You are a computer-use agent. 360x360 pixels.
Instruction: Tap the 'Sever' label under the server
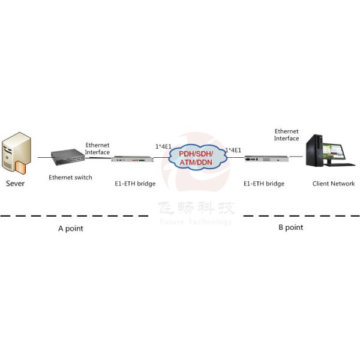(16, 184)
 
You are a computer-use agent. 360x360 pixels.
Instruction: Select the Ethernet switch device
(67, 158)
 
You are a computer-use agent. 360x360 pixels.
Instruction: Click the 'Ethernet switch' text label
(71, 178)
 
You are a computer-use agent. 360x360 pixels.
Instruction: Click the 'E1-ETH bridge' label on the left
(135, 184)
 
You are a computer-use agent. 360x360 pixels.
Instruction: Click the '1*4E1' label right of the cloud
(233, 150)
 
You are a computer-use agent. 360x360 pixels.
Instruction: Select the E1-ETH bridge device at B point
(263, 160)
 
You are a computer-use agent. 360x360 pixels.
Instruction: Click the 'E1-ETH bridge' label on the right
(264, 184)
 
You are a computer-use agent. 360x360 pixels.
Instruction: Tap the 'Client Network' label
(334, 184)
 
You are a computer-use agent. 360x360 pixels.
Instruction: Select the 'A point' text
(70, 229)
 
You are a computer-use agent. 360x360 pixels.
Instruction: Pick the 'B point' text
(290, 227)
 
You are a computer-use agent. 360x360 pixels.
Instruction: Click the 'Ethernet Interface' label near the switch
(97, 149)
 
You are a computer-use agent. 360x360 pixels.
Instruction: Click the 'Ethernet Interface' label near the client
(286, 134)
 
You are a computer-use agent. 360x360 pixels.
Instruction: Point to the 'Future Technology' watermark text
(196, 222)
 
